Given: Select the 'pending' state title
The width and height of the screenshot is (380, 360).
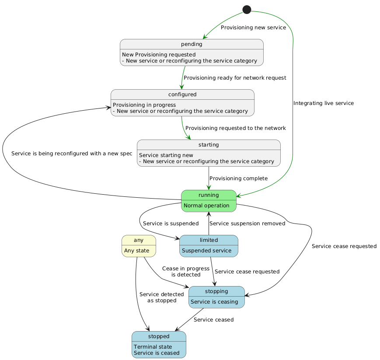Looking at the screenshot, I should click(x=192, y=44).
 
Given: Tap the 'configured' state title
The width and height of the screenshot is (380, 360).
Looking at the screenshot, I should click(x=182, y=94).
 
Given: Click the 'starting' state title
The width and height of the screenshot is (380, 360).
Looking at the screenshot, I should click(x=209, y=145).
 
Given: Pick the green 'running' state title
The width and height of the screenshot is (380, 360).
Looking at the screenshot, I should click(x=209, y=195).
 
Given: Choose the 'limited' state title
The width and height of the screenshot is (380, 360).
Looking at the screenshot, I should click(x=209, y=240).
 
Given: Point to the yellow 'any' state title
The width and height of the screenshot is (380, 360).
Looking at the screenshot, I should click(x=139, y=240).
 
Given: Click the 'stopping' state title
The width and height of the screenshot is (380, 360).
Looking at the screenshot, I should click(x=216, y=291).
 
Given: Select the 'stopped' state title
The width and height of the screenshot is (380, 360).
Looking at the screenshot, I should click(x=159, y=336).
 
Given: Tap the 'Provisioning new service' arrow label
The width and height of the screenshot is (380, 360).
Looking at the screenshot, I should click(x=253, y=28).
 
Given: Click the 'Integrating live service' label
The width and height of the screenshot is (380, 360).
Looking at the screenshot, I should click(x=324, y=103).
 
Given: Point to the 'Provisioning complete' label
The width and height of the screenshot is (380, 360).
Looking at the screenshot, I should click(x=238, y=178).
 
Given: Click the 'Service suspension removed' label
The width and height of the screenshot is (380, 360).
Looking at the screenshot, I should click(x=248, y=224).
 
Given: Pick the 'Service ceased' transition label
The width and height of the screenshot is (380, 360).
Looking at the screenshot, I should click(x=213, y=320).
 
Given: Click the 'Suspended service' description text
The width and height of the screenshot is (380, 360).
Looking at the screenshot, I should click(x=206, y=251).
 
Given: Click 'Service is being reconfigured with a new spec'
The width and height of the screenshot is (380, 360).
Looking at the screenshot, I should click(x=72, y=154).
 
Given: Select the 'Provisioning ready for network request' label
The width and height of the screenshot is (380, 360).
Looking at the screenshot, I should click(x=235, y=78).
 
